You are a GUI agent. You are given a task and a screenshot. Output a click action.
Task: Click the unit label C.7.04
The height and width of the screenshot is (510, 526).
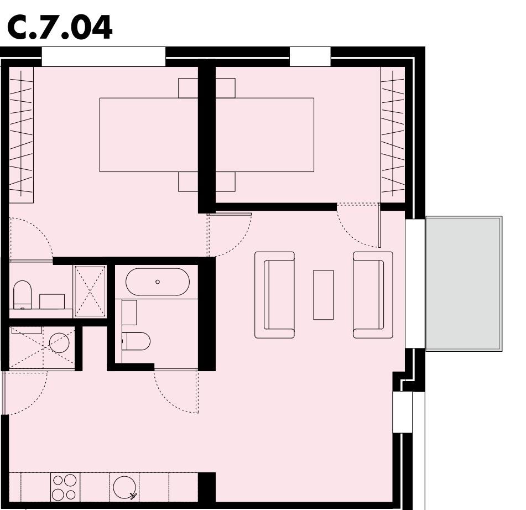tap(59, 28)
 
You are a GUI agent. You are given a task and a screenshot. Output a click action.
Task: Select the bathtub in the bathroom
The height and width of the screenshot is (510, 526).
tap(158, 282)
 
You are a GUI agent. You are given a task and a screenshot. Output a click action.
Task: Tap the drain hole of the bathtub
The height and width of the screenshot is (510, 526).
tap(158, 282)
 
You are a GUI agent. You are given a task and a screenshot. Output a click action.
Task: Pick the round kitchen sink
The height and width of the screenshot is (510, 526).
tap(124, 487)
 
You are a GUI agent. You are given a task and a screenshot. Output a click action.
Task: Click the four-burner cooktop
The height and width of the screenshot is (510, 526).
tap(65, 487)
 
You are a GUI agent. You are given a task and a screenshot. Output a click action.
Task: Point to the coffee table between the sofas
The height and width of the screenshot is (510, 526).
tap(324, 295)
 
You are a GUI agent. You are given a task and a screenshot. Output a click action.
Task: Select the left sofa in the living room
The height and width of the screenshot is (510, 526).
tap(274, 295)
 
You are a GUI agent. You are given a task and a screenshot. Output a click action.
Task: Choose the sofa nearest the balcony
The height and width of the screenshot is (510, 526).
tap(373, 295)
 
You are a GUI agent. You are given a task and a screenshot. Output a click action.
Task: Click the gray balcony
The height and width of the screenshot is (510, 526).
tap(463, 283)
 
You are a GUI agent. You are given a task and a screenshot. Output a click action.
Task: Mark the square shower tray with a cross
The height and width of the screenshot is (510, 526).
tap(90, 292)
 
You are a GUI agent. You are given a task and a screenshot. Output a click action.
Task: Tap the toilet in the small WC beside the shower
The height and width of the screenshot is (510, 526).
tap(22, 294)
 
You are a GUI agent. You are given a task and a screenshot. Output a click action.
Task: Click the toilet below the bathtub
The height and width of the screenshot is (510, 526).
tap(136, 341)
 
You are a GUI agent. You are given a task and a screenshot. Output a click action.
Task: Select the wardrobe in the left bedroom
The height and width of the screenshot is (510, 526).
tap(21, 131)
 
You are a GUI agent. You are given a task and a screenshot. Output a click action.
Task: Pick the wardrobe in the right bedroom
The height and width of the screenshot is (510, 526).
tap(393, 131)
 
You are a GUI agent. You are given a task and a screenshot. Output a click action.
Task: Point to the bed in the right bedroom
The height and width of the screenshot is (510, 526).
tap(264, 134)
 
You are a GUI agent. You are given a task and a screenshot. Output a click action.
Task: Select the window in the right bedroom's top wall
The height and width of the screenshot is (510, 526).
tap(310, 56)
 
